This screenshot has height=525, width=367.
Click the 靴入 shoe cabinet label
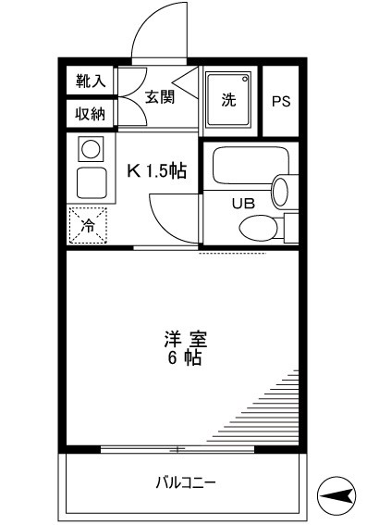pyautogui.click(x=91, y=81)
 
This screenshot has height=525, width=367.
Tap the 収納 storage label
pyautogui.click(x=91, y=114)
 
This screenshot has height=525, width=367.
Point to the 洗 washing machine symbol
pyautogui.click(x=228, y=98)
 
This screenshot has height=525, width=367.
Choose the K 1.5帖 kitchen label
pyautogui.click(x=157, y=170)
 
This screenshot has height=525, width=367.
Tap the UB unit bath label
pyautogui.click(x=242, y=205)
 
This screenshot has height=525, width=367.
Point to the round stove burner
pyautogui.click(x=90, y=147)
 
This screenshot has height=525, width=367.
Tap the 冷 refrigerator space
pyautogui.click(x=89, y=224)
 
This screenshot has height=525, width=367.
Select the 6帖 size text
pyautogui.click(x=180, y=358)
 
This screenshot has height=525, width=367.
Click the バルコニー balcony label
pyautogui.click(x=184, y=483)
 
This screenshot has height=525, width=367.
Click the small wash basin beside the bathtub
pyautogui.click(x=281, y=191)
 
